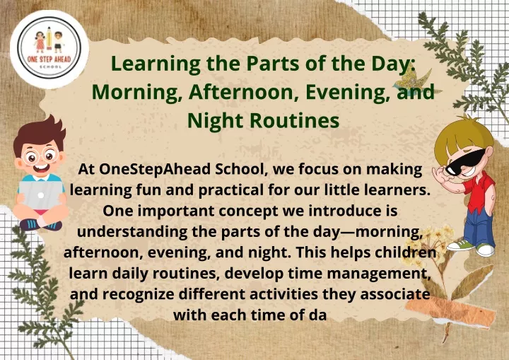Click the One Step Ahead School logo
pyautogui.click(x=49, y=48)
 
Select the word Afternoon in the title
pyautogui.click(x=242, y=92)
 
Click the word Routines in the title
pyautogui.click(x=294, y=120)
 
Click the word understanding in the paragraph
pyautogui.click(x=132, y=232)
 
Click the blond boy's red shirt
pyautogui.click(x=480, y=191)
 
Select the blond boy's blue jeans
pyautogui.click(x=479, y=227)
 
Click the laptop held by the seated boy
pyautogui.click(x=40, y=194)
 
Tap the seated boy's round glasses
pyautogui.click(x=40, y=157)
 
